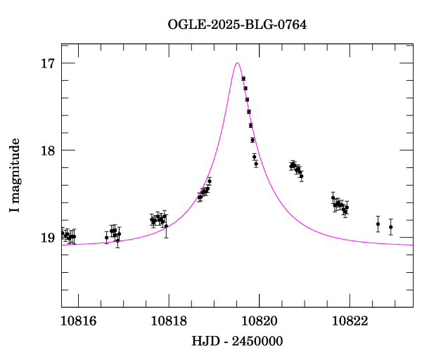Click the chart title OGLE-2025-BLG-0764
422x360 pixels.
click(237, 25)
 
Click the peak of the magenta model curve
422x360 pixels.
click(237, 63)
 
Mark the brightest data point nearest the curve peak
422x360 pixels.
click(243, 79)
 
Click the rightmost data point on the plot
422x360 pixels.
click(391, 226)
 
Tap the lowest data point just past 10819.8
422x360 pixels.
click(256, 164)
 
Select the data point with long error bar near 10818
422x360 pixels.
click(166, 226)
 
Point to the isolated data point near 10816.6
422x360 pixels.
click(106, 238)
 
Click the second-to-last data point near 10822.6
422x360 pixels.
click(378, 224)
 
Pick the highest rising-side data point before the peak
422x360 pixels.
click(210, 181)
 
